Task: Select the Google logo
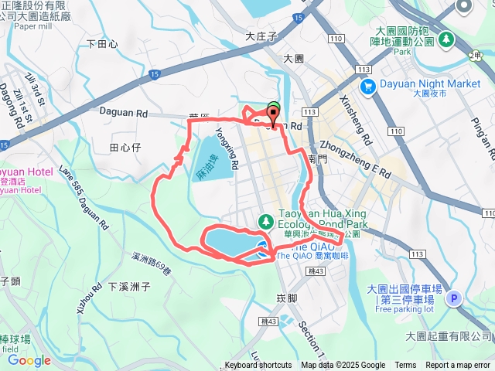(29, 360)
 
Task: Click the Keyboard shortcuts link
(258, 366)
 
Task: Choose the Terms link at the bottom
(405, 366)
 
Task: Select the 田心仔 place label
(124, 146)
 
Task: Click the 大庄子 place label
(261, 36)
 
